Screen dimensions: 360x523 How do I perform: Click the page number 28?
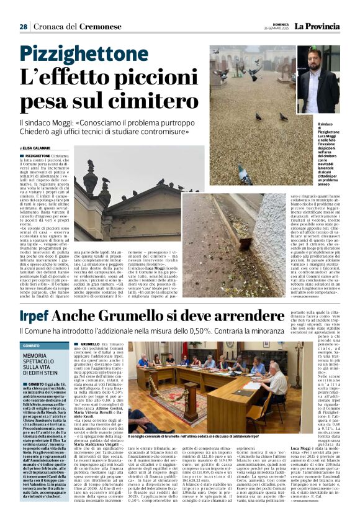coord(24,27)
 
